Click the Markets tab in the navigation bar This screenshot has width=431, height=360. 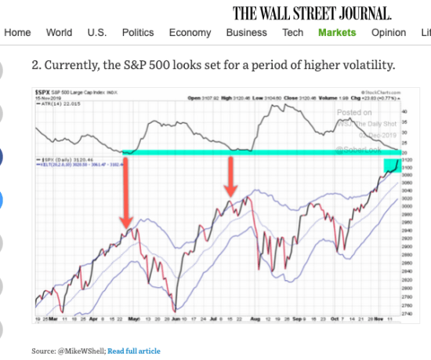pyautogui.click(x=337, y=32)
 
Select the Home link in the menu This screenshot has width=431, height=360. pyautogui.click(x=17, y=32)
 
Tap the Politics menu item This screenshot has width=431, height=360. pyautogui.click(x=138, y=32)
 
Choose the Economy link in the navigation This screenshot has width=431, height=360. pyautogui.click(x=190, y=32)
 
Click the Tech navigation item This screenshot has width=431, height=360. pyautogui.click(x=292, y=32)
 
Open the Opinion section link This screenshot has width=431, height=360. pyautogui.click(x=389, y=32)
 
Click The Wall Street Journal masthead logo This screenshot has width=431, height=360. pyautogui.click(x=312, y=12)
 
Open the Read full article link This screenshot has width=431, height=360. pyautogui.click(x=133, y=351)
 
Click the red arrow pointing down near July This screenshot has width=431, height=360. pyautogui.click(x=230, y=176)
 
